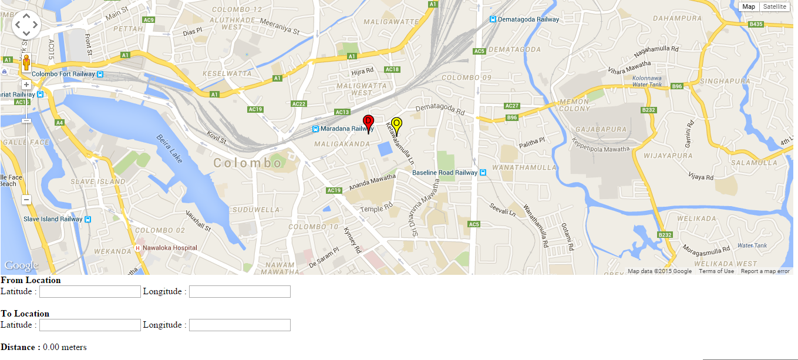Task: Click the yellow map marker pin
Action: (x=396, y=125)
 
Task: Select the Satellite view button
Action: (x=775, y=6)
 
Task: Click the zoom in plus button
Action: (x=26, y=85)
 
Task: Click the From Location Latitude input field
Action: (x=90, y=292)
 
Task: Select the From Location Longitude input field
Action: (x=240, y=292)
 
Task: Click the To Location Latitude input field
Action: (x=90, y=325)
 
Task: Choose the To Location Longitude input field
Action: (x=240, y=325)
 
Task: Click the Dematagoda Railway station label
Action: (x=528, y=19)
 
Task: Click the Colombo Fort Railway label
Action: (x=63, y=75)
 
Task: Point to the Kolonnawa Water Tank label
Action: (x=648, y=81)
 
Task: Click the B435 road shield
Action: (x=756, y=24)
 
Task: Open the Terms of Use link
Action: (x=716, y=271)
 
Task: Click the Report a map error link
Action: (x=765, y=271)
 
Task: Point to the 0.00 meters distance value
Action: (x=65, y=348)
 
